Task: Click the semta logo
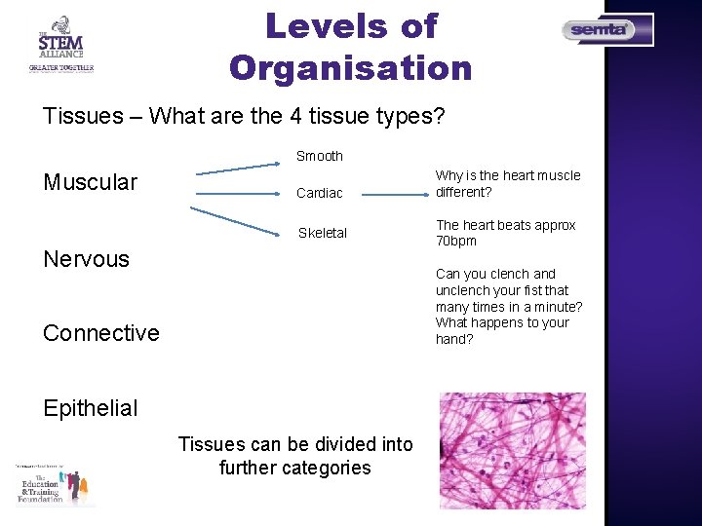coord(607,30)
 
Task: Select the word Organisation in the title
coord(351,68)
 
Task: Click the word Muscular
coord(90,182)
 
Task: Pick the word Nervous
coord(86,258)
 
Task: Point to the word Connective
coord(100,333)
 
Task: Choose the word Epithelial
coord(91,408)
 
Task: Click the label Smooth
coord(320,156)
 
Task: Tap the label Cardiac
coord(320,193)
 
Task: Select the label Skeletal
coord(322,233)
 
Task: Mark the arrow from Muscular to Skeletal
coord(239,222)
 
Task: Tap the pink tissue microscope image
coord(512,450)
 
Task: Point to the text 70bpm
coord(456,241)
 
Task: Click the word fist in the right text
coord(531,290)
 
